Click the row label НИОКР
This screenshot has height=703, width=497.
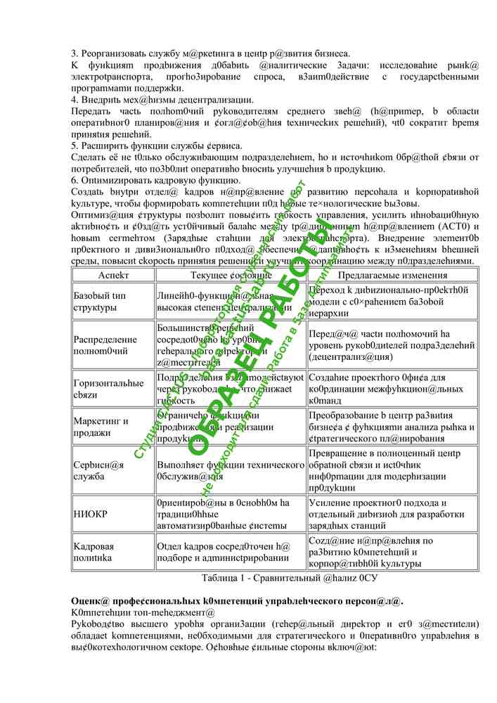(x=91, y=514)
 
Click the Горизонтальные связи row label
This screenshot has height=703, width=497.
(x=108, y=389)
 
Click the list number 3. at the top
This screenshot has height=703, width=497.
(x=75, y=53)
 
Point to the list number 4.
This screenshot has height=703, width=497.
(x=75, y=99)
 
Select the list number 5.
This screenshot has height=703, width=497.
(x=75, y=146)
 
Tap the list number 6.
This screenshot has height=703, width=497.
(x=75, y=180)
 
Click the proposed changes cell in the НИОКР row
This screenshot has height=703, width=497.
(x=392, y=514)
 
